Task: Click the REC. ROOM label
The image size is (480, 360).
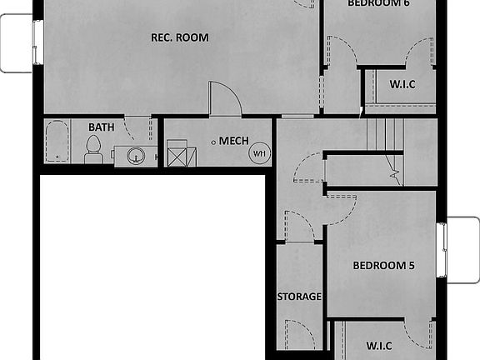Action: pyautogui.click(x=179, y=37)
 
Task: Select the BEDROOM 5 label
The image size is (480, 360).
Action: pyautogui.click(x=383, y=267)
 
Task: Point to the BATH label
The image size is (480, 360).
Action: pyautogui.click(x=102, y=127)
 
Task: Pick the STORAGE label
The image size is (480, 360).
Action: pyautogui.click(x=299, y=297)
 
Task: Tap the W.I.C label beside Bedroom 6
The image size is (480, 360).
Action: pyautogui.click(x=402, y=85)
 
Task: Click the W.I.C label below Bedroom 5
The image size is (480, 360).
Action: pyautogui.click(x=385, y=345)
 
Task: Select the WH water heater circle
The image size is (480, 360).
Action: pyautogui.click(x=259, y=153)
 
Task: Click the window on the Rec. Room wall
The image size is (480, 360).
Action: pyautogui.click(x=37, y=42)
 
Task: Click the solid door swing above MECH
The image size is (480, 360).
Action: pyautogui.click(x=225, y=98)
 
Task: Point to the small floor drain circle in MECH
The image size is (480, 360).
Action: pyautogui.click(x=214, y=142)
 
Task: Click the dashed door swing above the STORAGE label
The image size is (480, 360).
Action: pyautogui.click(x=298, y=227)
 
